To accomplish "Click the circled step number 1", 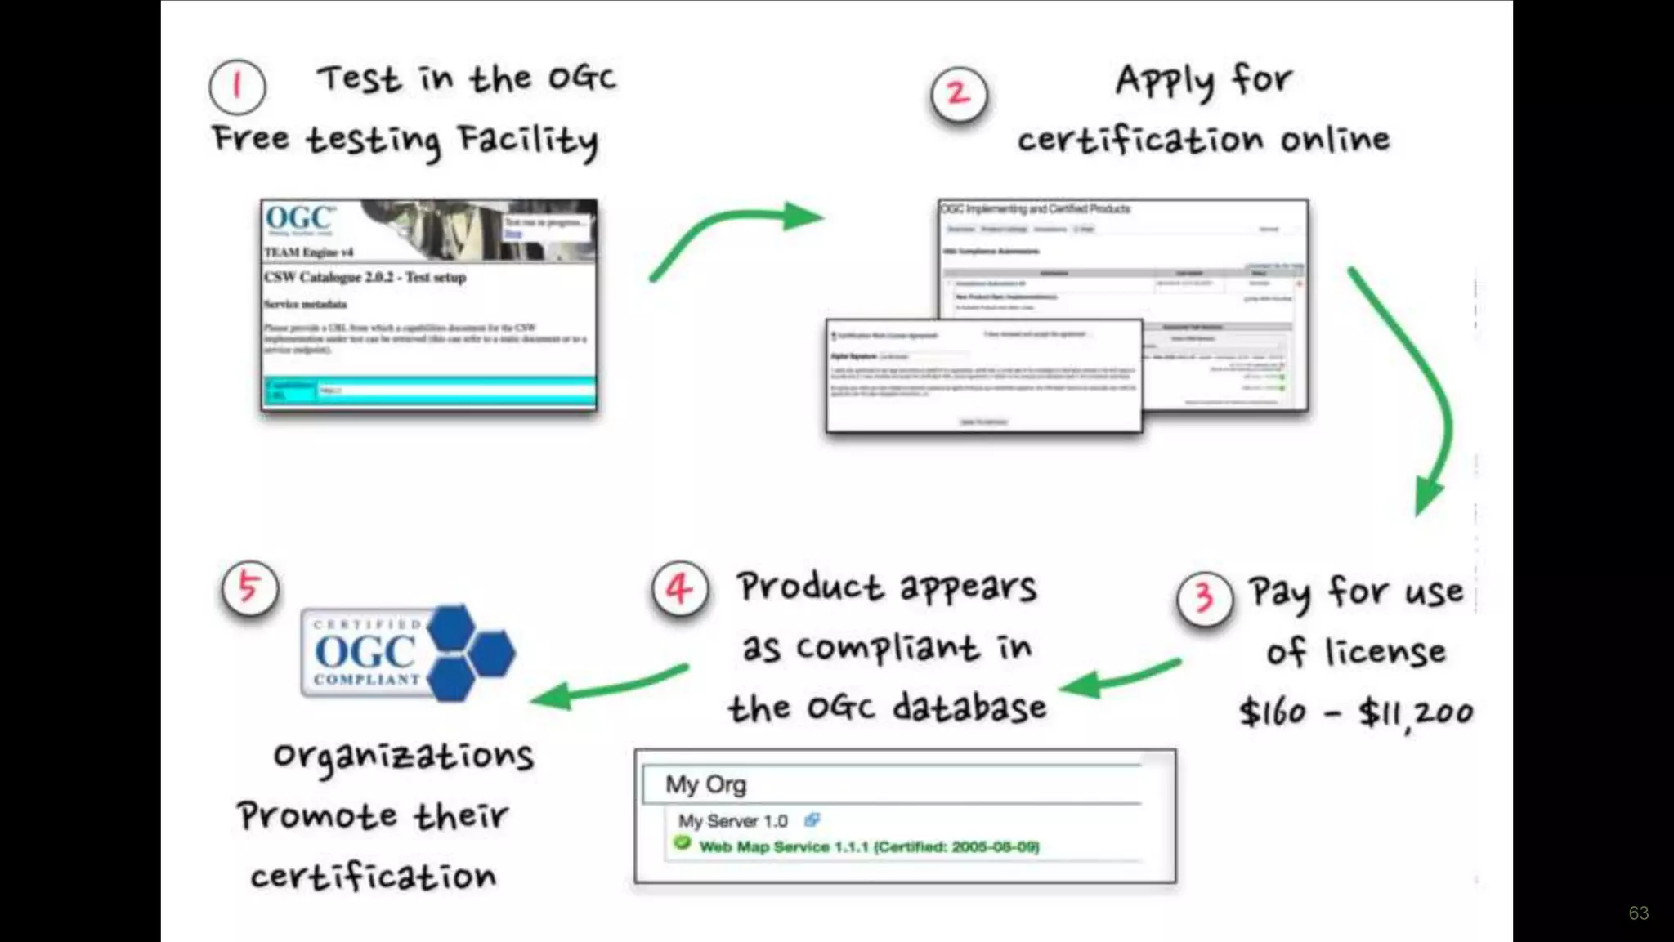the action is pos(237,87).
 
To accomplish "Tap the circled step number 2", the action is pos(959,94).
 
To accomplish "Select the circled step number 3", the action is pos(1204,599).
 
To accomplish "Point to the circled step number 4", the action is pos(680,589).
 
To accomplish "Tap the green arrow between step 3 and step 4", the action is pos(1120,677).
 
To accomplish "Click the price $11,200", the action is pos(1416,713).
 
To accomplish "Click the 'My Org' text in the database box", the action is pos(705,784).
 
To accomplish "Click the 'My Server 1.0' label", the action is pos(732,821).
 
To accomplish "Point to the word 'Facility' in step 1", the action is pos(528,141).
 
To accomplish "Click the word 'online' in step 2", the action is pos(1335,140).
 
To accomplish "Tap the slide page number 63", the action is pos(1638,913).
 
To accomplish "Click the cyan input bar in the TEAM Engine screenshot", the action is pos(454,391).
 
